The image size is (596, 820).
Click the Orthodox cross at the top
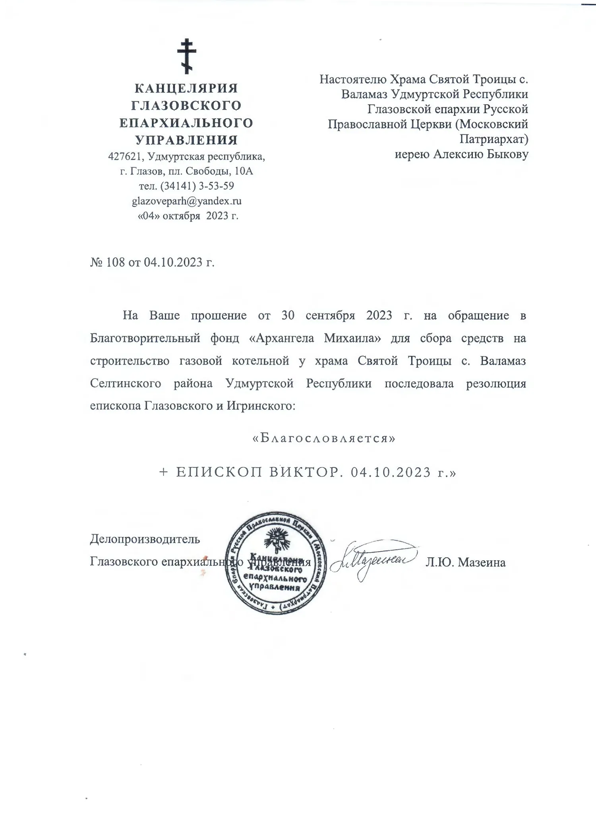[x=186, y=56]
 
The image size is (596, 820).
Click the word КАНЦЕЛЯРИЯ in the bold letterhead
[x=186, y=88]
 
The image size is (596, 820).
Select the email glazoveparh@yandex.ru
[x=186, y=201]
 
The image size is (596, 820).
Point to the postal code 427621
[x=126, y=156]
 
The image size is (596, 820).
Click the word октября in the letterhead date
[x=182, y=216]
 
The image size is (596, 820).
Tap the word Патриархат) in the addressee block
[x=494, y=139]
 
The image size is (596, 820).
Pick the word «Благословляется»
[x=324, y=438]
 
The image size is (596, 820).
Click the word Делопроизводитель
[x=145, y=539]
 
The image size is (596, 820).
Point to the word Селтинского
[x=126, y=384]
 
